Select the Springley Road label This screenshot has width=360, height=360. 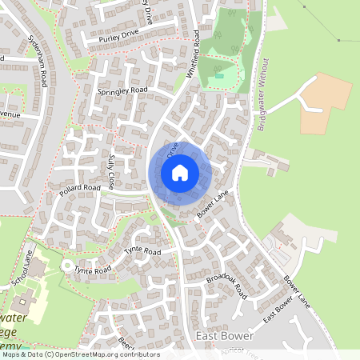pyautogui.click(x=123, y=91)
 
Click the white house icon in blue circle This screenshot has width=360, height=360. pyautogui.click(x=180, y=172)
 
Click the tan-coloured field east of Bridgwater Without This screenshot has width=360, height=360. pyautogui.click(x=325, y=103)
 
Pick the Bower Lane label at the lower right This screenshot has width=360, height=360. pyautogui.click(x=295, y=291)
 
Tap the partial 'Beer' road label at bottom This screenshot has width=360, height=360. pyautogui.click(x=123, y=342)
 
